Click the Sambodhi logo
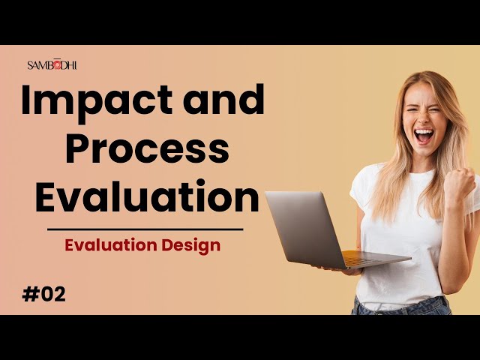[x=52, y=65]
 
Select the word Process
[x=147, y=148]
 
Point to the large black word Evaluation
[x=147, y=196]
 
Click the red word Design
[x=191, y=245]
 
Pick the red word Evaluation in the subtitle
[x=111, y=245]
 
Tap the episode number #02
[x=43, y=295]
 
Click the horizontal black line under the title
[x=145, y=229]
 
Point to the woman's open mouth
[x=424, y=136]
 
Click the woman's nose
[x=424, y=118]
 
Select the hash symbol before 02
[x=30, y=295]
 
